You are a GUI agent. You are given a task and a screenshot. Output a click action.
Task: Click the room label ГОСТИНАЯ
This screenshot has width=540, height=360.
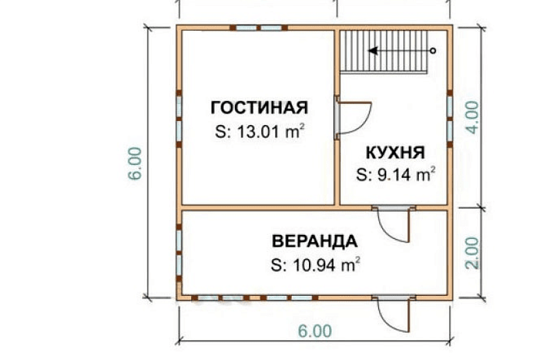(259, 107)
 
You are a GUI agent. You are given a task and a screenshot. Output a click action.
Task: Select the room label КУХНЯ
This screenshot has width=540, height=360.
(395, 153)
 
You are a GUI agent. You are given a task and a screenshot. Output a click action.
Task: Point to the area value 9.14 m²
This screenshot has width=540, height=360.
(396, 175)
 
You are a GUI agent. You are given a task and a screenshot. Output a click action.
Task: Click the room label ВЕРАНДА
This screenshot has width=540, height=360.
(314, 241)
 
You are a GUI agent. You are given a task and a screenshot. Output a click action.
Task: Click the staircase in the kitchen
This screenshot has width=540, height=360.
(384, 51)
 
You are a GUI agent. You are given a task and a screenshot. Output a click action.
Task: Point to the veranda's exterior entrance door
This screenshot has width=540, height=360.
(394, 313)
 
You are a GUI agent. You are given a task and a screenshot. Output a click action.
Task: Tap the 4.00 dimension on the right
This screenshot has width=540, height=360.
(473, 117)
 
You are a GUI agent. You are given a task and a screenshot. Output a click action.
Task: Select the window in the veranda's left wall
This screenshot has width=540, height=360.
(179, 252)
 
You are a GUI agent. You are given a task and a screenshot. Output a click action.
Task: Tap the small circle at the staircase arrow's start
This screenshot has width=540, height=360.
(434, 50)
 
